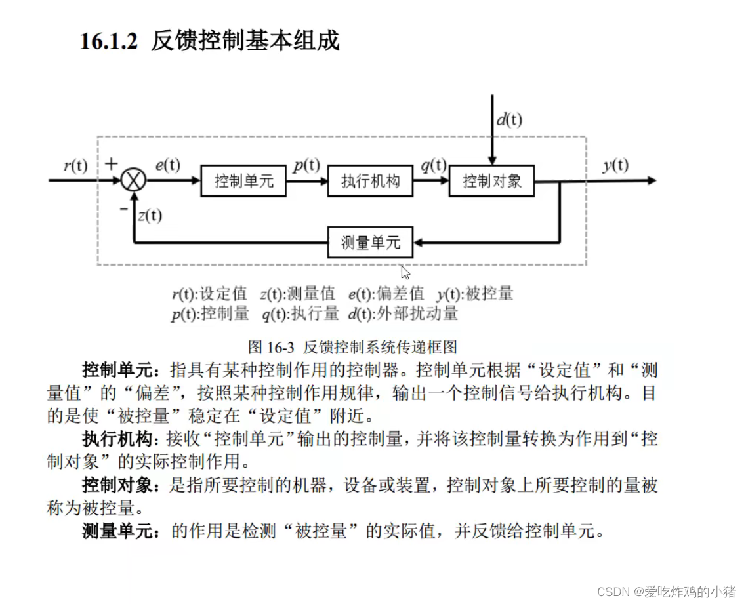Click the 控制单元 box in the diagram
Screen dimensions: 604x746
click(243, 181)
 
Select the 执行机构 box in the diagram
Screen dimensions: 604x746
click(370, 181)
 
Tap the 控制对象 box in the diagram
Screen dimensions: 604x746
click(491, 181)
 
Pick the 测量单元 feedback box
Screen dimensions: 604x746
click(370, 242)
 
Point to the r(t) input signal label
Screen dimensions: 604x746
click(75, 165)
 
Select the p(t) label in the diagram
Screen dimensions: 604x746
click(306, 165)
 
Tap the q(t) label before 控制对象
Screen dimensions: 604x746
click(433, 165)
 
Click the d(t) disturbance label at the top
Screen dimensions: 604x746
click(509, 119)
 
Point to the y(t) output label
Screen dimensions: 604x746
click(615, 165)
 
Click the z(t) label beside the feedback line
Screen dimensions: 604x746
click(150, 214)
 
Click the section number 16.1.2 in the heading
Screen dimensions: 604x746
click(109, 41)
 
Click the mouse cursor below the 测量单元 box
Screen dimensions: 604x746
click(405, 272)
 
